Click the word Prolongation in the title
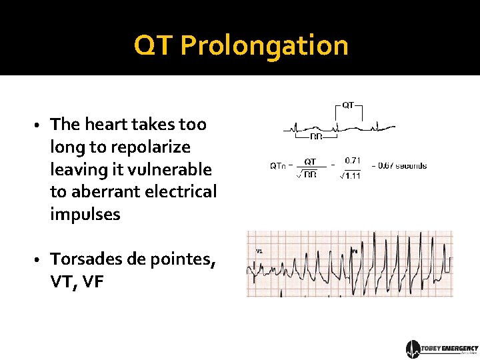coord(264,46)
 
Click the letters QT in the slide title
coord(153,46)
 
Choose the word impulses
coord(85,215)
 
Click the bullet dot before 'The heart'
coord(40,125)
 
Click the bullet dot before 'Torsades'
coord(40,260)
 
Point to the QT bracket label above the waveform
coord(348,105)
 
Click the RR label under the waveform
coord(316,137)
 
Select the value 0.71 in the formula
coord(353,160)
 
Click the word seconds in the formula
coord(412,166)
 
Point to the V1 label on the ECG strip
coord(259,251)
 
